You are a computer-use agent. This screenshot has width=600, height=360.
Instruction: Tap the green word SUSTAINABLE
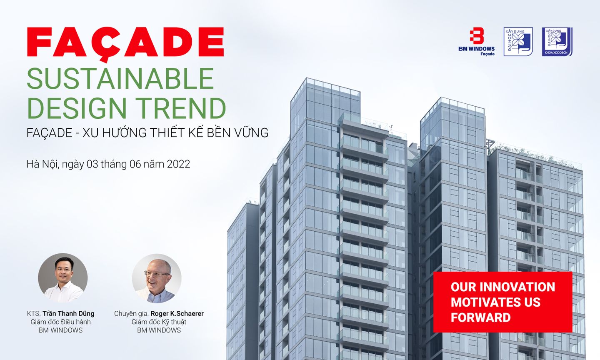click(120, 78)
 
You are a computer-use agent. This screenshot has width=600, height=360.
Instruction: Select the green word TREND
click(181, 108)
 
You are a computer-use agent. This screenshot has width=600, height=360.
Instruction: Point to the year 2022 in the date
click(178, 164)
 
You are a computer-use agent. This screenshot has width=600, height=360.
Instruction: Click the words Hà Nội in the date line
click(42, 164)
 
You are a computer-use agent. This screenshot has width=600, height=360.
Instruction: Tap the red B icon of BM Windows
click(477, 36)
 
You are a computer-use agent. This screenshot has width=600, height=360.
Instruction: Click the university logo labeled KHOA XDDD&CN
click(557, 42)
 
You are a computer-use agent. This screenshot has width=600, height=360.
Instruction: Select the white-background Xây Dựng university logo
click(518, 42)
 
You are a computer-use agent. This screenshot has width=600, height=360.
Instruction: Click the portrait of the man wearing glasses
click(157, 279)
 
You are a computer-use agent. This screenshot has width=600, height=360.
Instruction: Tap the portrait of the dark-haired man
click(62, 278)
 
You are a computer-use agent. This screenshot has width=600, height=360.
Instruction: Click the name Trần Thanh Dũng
click(68, 314)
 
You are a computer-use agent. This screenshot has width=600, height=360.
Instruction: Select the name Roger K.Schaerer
click(177, 314)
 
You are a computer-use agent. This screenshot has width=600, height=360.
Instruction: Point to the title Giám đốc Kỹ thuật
click(159, 322)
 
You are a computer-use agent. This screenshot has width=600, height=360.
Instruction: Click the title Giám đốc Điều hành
click(60, 322)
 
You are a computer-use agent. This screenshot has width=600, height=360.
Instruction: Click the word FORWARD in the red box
click(481, 317)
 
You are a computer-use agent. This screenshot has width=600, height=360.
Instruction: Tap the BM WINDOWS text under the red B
click(477, 49)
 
